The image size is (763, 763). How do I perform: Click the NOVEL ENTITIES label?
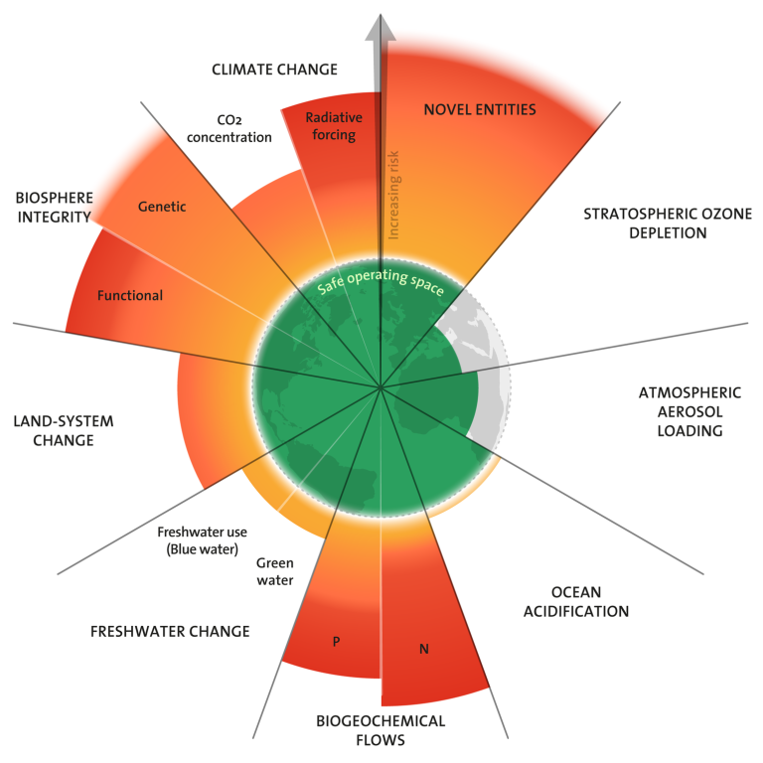479,109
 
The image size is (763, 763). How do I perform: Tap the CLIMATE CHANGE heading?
274,70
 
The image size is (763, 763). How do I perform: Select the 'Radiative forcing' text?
333,126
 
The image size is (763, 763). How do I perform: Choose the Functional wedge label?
130,295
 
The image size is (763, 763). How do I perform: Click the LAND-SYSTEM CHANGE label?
64,430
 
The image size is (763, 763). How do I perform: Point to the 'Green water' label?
274,571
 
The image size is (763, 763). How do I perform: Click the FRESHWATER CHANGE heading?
170,631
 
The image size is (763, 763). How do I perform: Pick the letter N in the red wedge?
424,650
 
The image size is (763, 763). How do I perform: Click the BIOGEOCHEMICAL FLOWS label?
381,730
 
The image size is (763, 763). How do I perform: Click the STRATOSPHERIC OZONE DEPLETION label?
653,224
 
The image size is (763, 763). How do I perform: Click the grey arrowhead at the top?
379,27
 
